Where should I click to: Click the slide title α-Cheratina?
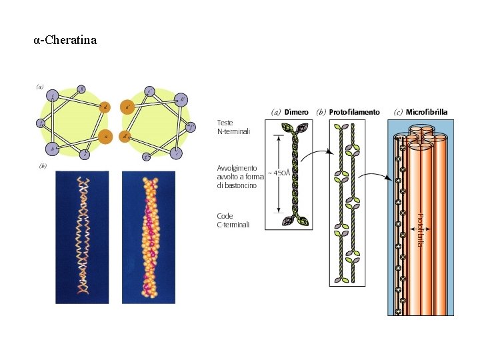(x=65, y=40)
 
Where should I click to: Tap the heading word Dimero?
(x=297, y=112)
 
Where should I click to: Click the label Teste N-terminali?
(x=234, y=127)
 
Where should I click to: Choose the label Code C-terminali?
(x=233, y=221)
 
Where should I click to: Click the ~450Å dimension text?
(x=279, y=173)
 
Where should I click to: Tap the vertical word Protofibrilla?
(x=420, y=229)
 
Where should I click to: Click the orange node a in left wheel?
(x=105, y=135)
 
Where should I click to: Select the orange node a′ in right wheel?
(x=127, y=106)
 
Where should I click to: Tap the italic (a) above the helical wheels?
(x=40, y=86)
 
